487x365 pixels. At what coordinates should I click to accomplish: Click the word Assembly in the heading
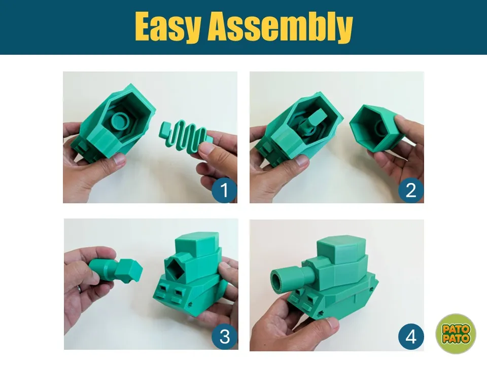pyautogui.click(x=281, y=27)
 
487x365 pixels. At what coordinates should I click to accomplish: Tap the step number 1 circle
pyautogui.click(x=224, y=190)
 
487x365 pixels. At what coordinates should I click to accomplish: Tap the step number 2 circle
pyautogui.click(x=411, y=190)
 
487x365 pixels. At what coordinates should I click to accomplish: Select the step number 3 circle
pyautogui.click(x=225, y=337)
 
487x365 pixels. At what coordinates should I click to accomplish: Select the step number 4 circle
pyautogui.click(x=411, y=337)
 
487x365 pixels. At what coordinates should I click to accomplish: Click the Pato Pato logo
pyautogui.click(x=456, y=334)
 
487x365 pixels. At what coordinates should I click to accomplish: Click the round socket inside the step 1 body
pyautogui.click(x=120, y=121)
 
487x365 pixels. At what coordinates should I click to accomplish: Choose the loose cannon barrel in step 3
pyautogui.click(x=116, y=270)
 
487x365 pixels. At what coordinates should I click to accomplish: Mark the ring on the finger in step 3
pyautogui.click(x=79, y=288)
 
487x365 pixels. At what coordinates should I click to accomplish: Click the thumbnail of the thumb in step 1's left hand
pyautogui.click(x=119, y=159)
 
